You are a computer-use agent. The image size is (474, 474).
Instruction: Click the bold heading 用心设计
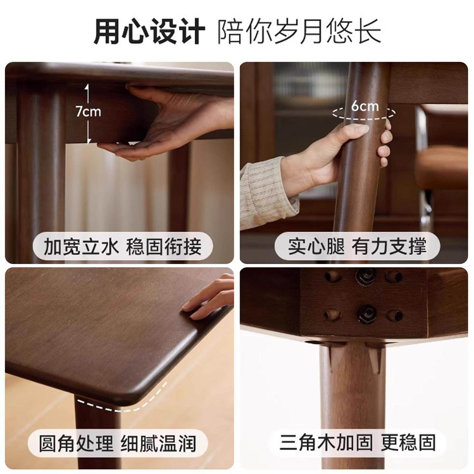pyautogui.click(x=149, y=32)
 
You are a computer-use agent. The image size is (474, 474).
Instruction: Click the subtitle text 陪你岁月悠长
pyautogui.click(x=299, y=32)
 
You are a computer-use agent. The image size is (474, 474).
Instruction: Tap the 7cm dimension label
pyautogui.click(x=88, y=112)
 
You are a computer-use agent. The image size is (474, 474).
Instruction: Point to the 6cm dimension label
pyautogui.click(x=365, y=106)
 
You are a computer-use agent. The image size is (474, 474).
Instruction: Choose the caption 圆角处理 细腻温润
pyautogui.click(x=118, y=443)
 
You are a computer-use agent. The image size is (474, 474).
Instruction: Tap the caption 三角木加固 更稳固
pyautogui.click(x=357, y=443)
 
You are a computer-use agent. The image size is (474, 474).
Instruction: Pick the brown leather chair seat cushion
pyautogui.click(x=441, y=165)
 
